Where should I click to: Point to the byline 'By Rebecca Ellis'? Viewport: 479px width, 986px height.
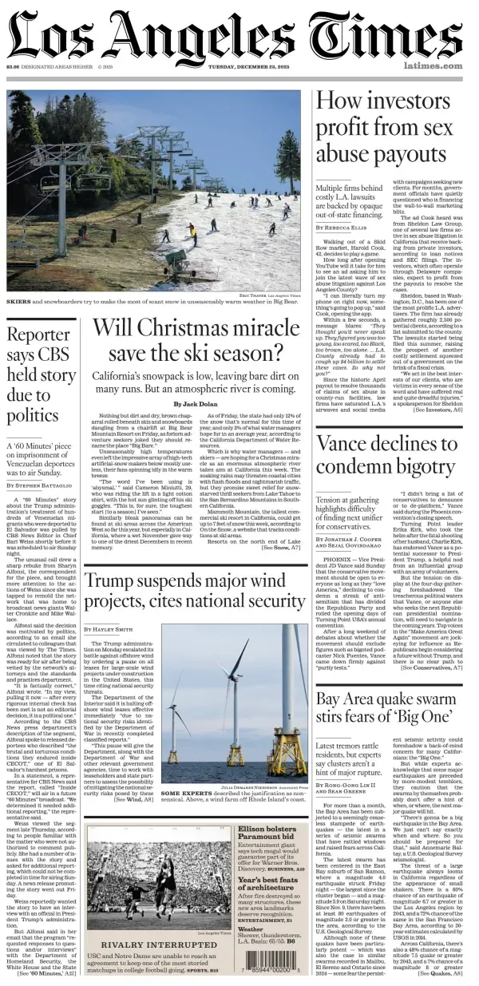342,228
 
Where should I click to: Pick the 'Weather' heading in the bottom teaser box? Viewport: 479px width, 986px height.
250,929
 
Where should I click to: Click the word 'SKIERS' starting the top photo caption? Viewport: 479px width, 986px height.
19,303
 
